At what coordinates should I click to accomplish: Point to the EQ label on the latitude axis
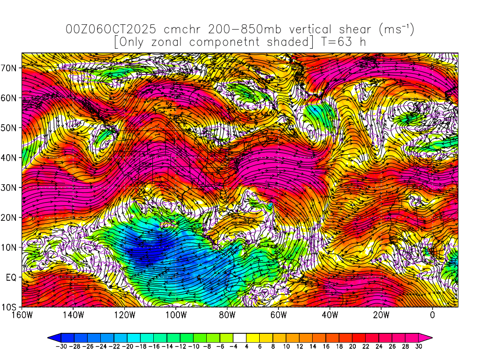pos(11,277)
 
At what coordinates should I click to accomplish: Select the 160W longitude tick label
pos(22,315)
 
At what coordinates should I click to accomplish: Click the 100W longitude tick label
pos(176,315)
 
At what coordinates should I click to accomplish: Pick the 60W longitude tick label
pos(278,315)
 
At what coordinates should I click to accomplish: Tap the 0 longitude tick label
pos(432,315)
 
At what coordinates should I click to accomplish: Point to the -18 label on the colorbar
pos(138,346)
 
